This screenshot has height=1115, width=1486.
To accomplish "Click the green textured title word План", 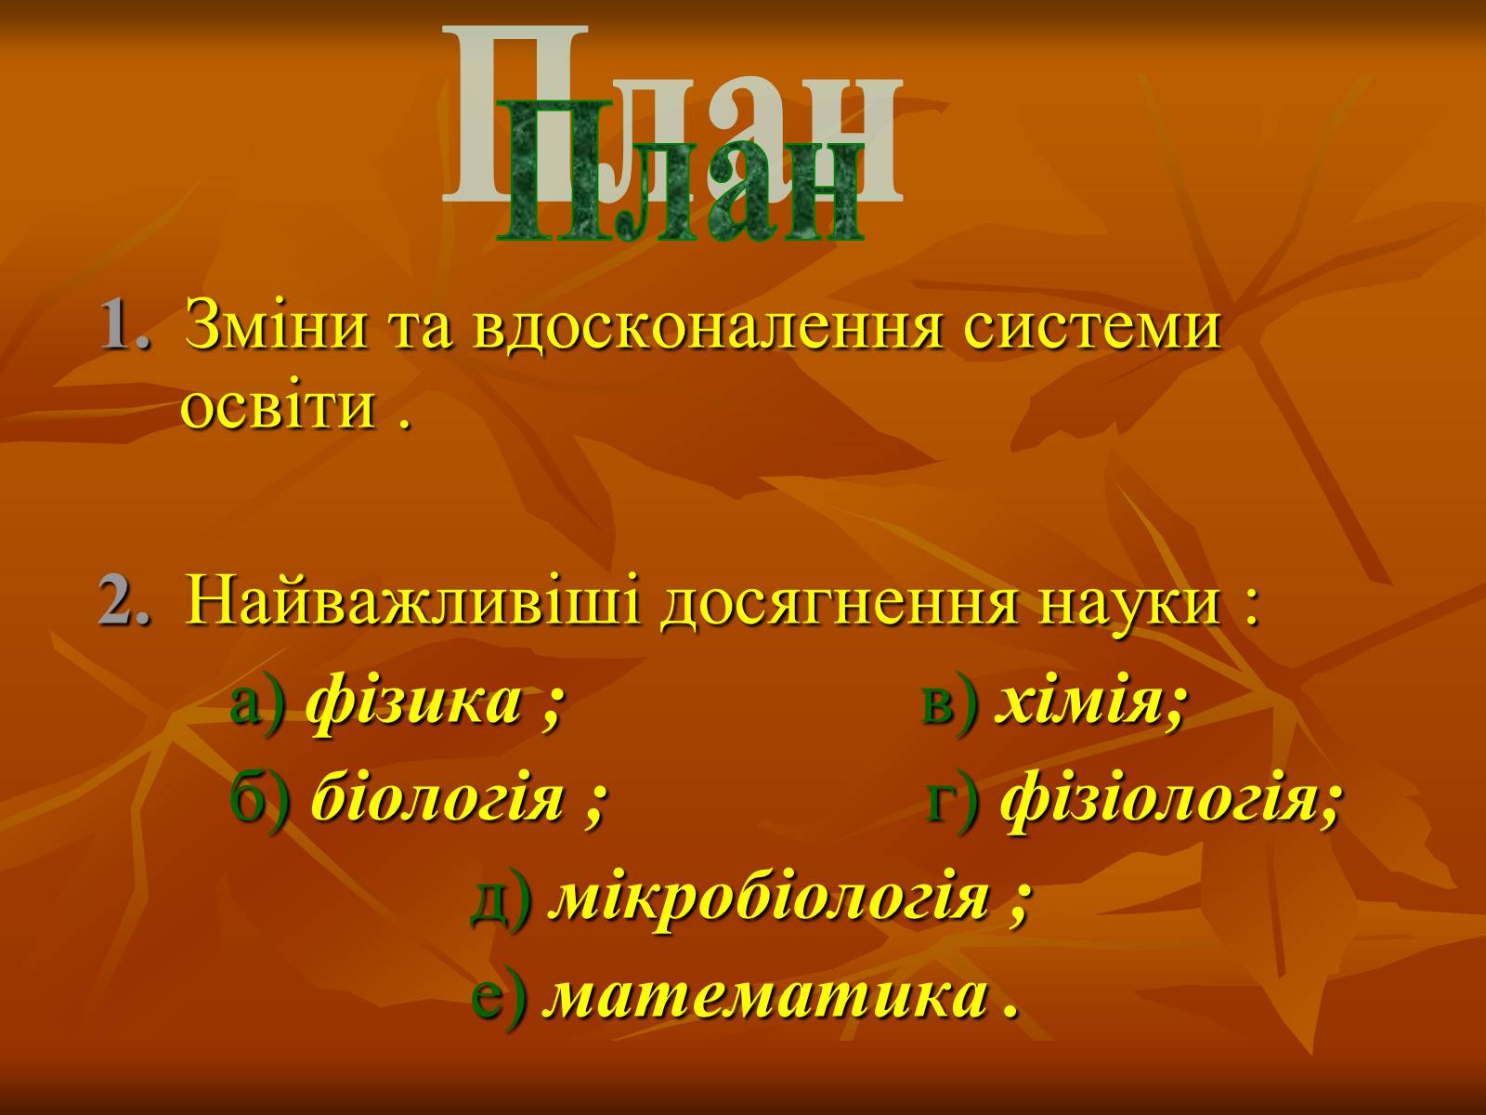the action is pyautogui.click(x=681, y=172).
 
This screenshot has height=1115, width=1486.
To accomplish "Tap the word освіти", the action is pyautogui.click(x=279, y=408).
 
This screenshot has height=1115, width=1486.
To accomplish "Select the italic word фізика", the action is pyautogui.click(x=415, y=703).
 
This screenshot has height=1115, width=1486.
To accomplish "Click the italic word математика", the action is pyautogui.click(x=765, y=996).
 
